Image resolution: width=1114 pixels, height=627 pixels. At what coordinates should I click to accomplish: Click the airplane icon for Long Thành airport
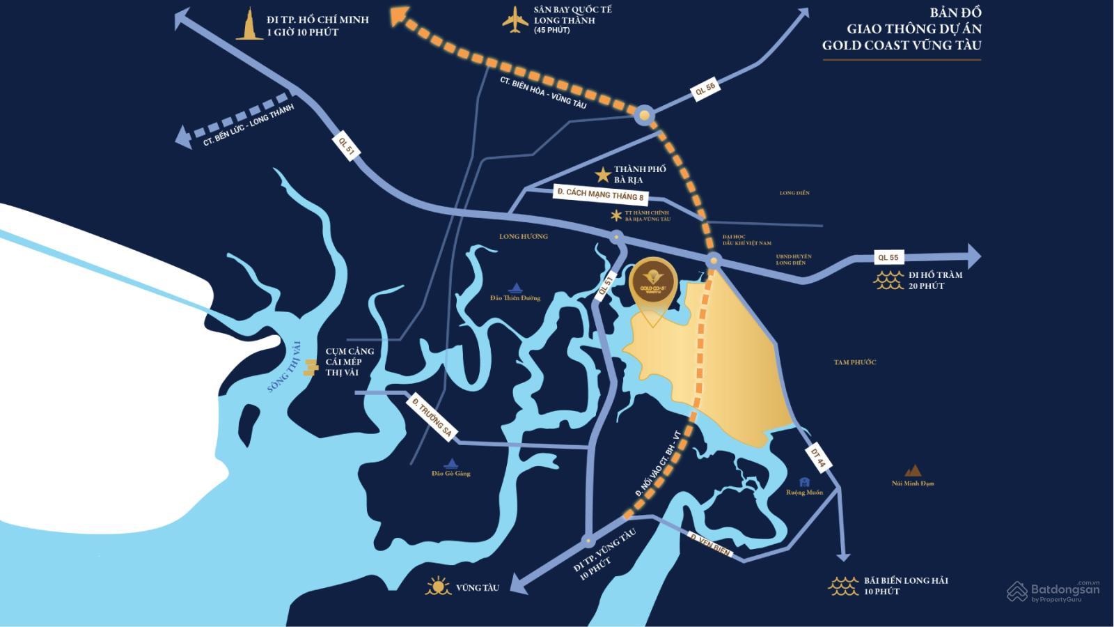point(515,20)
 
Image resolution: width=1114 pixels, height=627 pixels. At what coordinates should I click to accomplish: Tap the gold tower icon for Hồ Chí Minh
point(249,24)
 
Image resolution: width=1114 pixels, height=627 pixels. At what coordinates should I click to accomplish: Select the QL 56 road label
point(705,89)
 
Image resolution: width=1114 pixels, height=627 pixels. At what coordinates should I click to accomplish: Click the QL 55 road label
point(888,257)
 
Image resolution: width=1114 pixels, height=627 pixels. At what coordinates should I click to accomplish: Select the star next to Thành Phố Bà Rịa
point(602,174)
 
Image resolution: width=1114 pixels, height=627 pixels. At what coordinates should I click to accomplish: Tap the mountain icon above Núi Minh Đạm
point(913,471)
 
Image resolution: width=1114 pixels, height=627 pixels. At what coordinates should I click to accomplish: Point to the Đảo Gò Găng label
point(451,473)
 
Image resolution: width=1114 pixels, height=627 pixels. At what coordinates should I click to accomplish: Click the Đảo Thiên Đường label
point(515,297)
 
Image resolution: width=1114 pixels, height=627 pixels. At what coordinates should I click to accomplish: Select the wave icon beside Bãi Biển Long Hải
point(843,586)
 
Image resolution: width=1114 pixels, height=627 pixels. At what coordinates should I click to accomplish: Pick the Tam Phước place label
point(854,362)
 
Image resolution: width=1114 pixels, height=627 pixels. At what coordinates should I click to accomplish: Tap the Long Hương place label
point(524,236)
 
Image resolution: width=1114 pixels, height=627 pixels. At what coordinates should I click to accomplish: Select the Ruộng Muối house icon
point(805,482)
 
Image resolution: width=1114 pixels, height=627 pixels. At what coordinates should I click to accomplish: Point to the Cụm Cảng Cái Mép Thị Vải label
point(350,362)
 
